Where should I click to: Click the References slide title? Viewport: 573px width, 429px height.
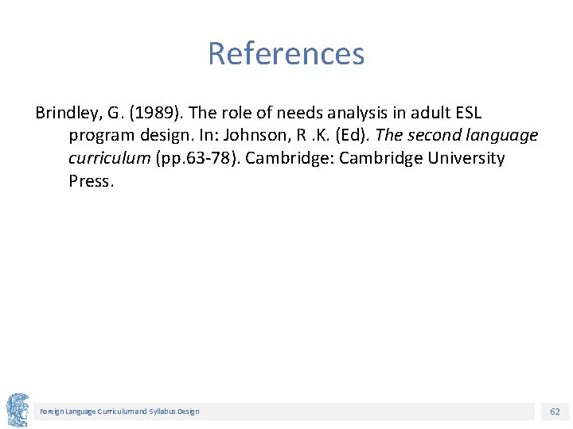point(286,54)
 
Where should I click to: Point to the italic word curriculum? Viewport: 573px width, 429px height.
point(109,158)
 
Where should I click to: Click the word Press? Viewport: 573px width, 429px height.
point(91,181)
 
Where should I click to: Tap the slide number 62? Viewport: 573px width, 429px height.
point(555,412)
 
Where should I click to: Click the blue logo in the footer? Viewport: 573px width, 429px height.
point(18,410)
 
